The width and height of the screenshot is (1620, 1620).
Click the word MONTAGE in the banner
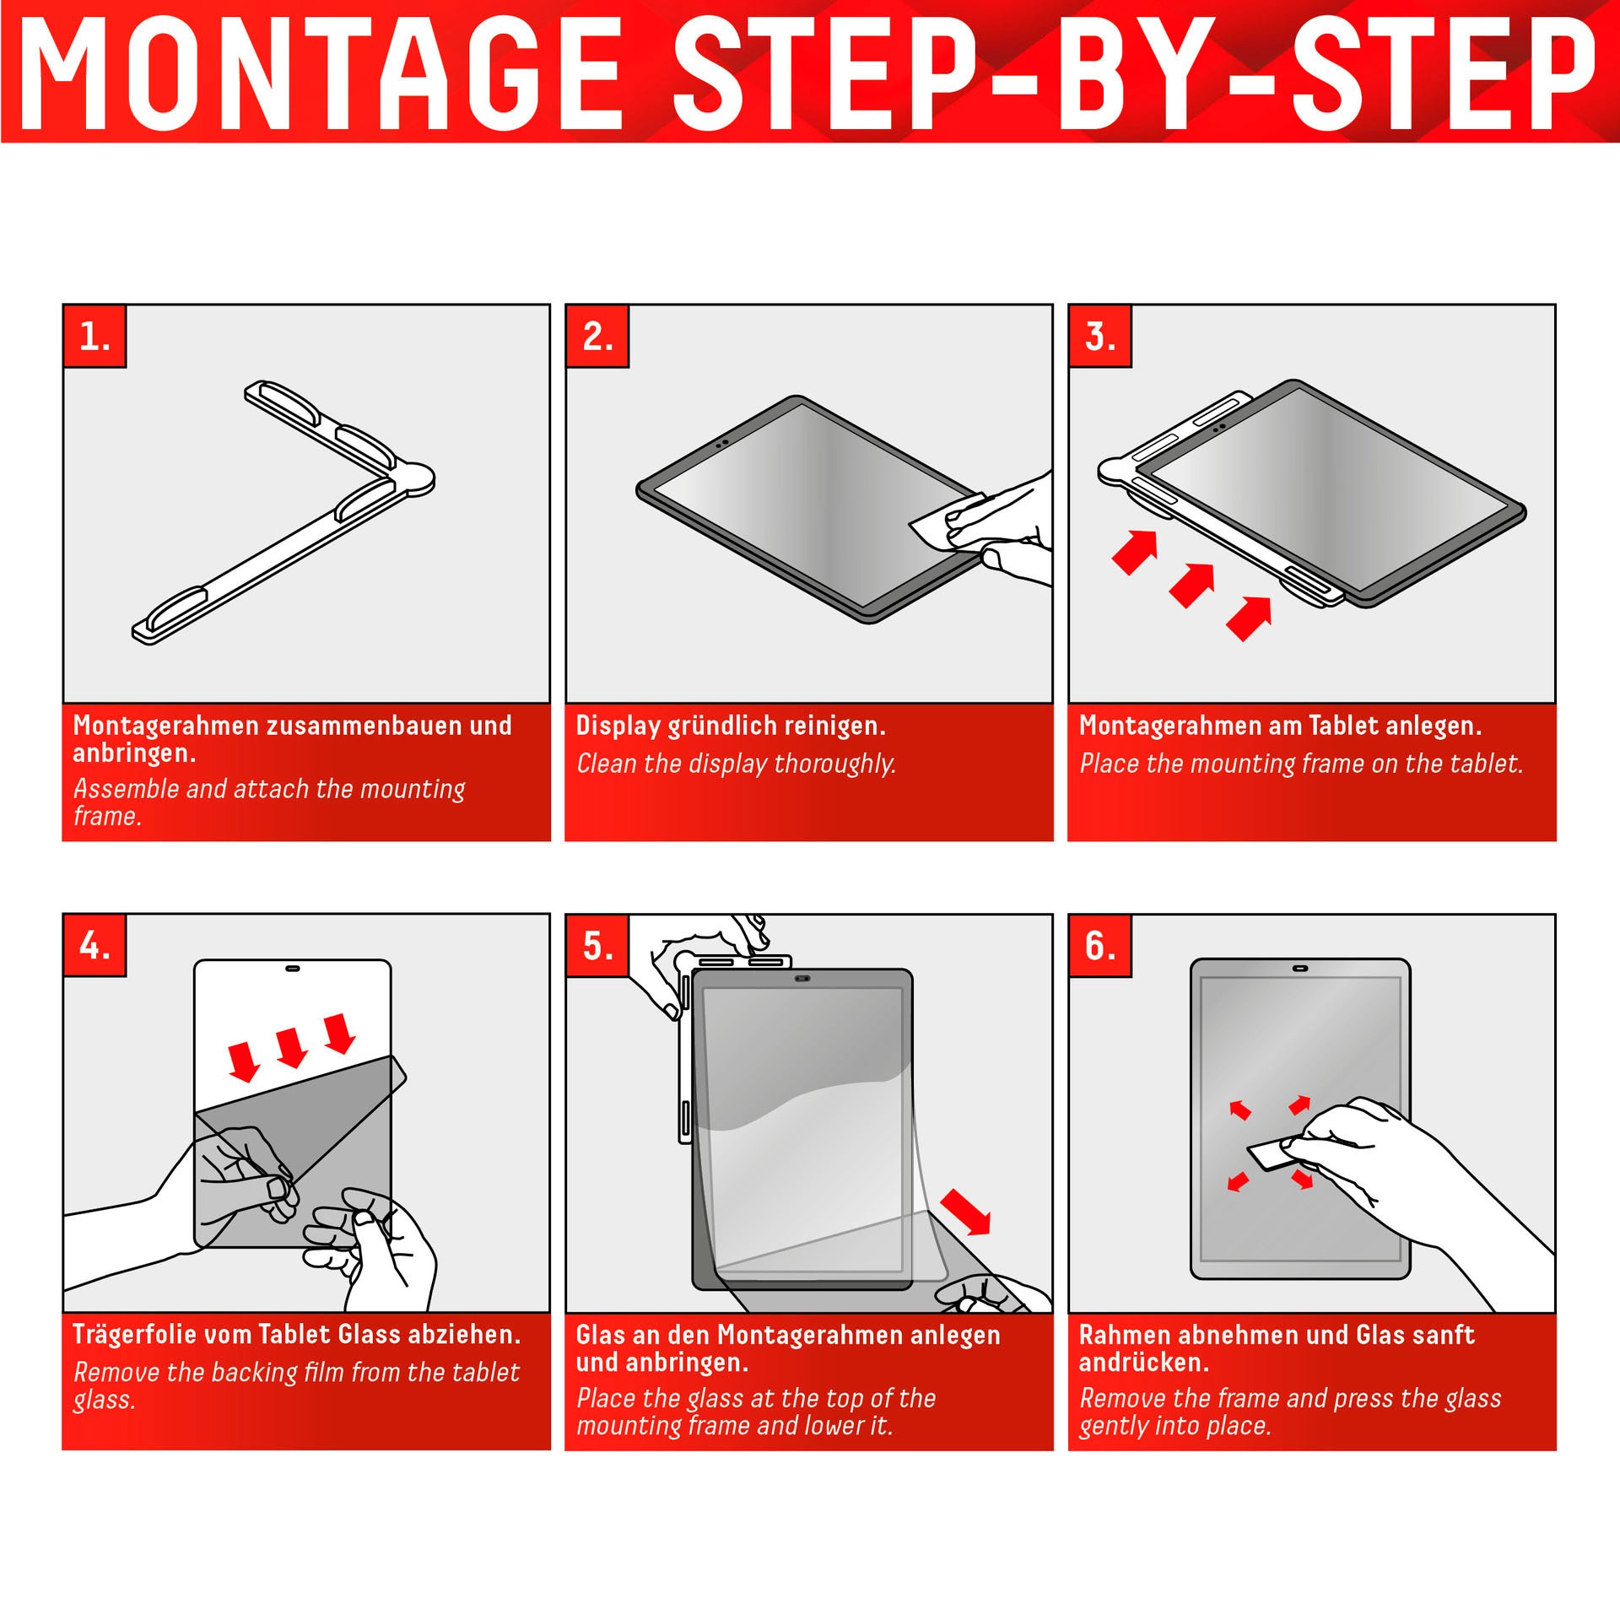321,74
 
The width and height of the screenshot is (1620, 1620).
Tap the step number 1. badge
94,336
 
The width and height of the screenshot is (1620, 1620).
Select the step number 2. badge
597,336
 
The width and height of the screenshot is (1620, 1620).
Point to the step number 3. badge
1100,336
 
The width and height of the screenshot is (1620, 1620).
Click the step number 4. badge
94,945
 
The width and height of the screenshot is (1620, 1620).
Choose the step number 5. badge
597,945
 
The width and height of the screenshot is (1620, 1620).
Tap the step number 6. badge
1100,945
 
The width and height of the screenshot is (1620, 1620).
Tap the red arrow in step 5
965,1212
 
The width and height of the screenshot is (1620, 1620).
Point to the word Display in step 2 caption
618,726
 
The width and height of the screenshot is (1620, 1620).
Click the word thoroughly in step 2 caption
834,764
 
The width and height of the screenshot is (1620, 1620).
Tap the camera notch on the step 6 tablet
1300,969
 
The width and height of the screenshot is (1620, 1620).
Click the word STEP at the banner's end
1444,74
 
